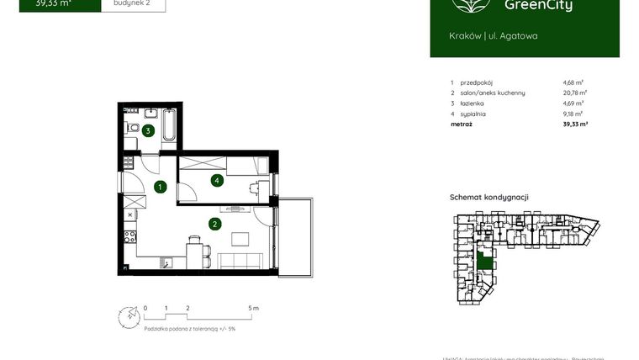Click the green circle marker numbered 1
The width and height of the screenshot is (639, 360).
160,187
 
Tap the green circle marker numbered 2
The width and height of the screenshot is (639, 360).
215,224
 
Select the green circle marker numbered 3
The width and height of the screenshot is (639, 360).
147,130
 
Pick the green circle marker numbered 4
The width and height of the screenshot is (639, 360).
217,179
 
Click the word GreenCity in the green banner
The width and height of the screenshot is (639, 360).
551,6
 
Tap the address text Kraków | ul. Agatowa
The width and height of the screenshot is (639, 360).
494,36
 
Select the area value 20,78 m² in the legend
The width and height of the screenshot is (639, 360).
574,93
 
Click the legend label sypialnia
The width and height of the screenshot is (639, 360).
473,114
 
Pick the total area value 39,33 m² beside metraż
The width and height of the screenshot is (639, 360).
574,124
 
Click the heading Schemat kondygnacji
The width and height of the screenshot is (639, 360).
489,197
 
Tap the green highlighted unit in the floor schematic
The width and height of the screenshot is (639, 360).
485,260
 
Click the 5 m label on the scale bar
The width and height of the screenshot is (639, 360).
254,309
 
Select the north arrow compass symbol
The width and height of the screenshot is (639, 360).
127,317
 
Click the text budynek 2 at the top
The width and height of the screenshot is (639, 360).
133,3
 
